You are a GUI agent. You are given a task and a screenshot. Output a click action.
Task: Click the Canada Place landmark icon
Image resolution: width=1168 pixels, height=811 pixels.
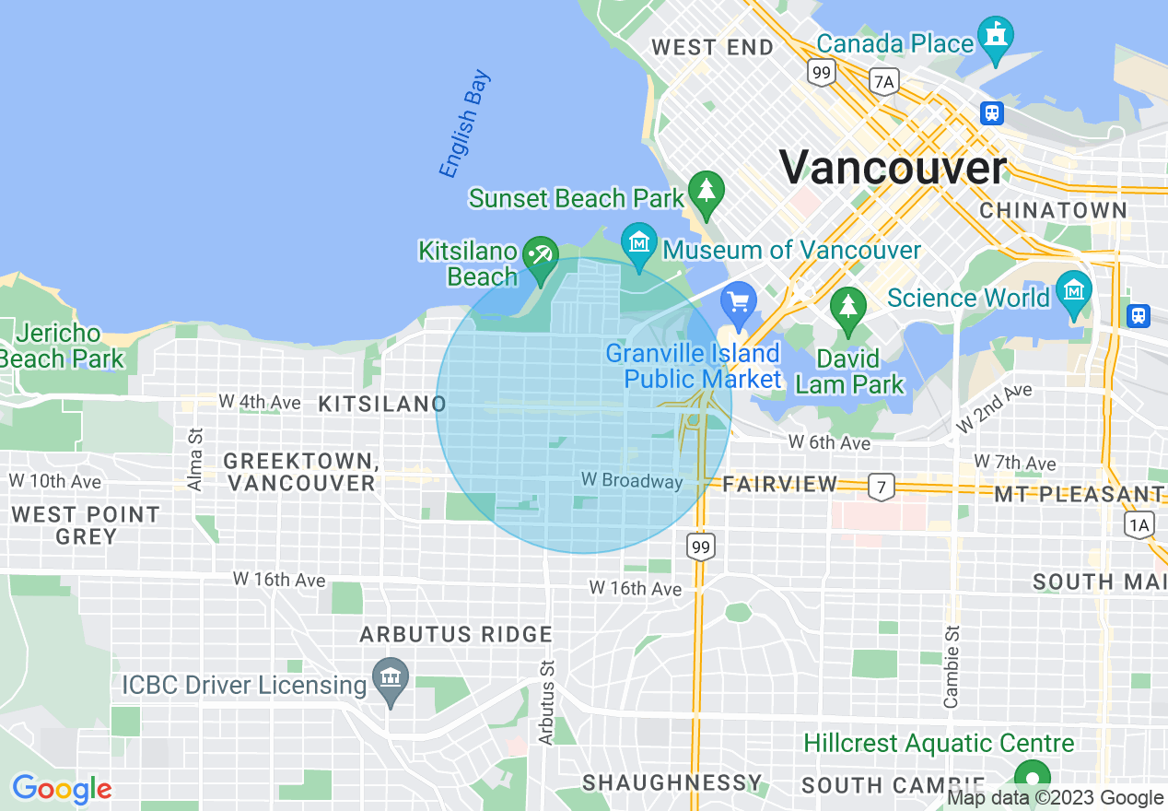pos(996,36)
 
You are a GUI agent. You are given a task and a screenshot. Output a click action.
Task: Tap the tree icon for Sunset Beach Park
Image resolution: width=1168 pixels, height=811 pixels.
pos(707,191)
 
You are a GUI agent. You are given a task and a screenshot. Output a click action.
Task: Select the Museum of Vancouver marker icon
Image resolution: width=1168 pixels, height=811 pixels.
pos(638,243)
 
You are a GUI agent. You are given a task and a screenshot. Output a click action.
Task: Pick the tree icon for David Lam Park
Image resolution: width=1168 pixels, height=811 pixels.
pos(847,307)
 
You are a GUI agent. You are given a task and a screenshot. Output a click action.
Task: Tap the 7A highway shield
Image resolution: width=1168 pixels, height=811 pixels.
pos(883,82)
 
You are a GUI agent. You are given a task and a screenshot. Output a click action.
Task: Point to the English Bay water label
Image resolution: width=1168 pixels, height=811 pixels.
pos(465,124)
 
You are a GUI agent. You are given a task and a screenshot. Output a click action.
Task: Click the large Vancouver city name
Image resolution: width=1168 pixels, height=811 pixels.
pos(894,168)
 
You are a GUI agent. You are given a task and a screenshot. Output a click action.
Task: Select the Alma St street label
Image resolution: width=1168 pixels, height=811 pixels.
pos(194,445)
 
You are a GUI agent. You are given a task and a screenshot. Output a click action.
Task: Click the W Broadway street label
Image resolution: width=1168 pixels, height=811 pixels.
pos(632,480)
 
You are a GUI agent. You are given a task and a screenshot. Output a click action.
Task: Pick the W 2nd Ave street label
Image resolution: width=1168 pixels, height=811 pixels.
pos(994,407)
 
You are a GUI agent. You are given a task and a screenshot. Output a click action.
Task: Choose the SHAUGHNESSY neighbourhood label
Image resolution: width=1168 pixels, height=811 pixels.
pos(672,782)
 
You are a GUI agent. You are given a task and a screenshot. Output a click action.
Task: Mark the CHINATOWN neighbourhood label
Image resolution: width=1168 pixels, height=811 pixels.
pos(1053,210)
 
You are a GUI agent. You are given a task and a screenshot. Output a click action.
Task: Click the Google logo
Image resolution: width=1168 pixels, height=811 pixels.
pos(62,789)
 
